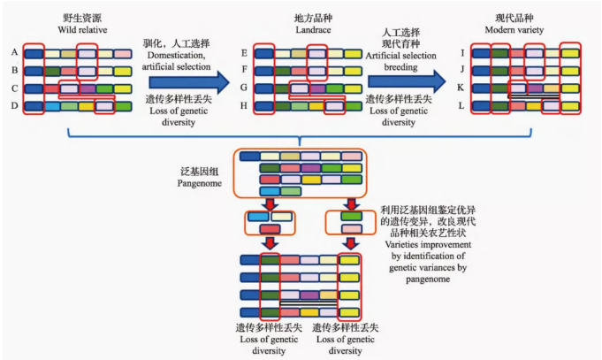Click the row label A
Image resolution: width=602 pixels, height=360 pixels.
point(15,53)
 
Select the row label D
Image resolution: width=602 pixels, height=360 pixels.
point(15,106)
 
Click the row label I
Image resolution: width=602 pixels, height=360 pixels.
point(461,53)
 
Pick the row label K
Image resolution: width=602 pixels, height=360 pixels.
point(461,88)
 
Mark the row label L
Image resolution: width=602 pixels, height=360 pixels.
point(461,106)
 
